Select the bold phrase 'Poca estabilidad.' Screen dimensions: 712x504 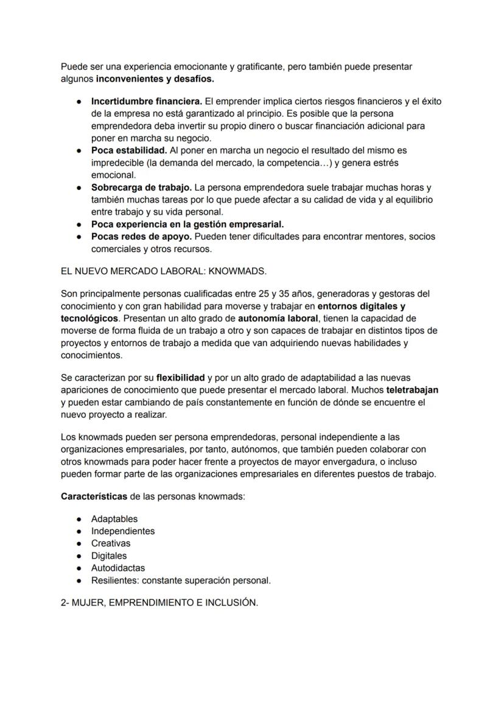[x=128, y=150]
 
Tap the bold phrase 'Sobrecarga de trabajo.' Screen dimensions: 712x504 [x=141, y=187]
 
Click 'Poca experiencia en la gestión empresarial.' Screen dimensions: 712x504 [x=187, y=224]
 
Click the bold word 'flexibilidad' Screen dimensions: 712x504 [x=180, y=378]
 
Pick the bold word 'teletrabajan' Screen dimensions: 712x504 [x=412, y=390]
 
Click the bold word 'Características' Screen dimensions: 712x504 [x=94, y=496]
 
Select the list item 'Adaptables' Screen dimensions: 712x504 [x=114, y=519]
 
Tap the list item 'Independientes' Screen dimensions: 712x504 [x=123, y=531]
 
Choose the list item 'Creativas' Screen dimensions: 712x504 [x=111, y=543]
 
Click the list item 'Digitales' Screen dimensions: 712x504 [x=109, y=555]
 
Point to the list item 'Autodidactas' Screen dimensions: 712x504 [x=118, y=568]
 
